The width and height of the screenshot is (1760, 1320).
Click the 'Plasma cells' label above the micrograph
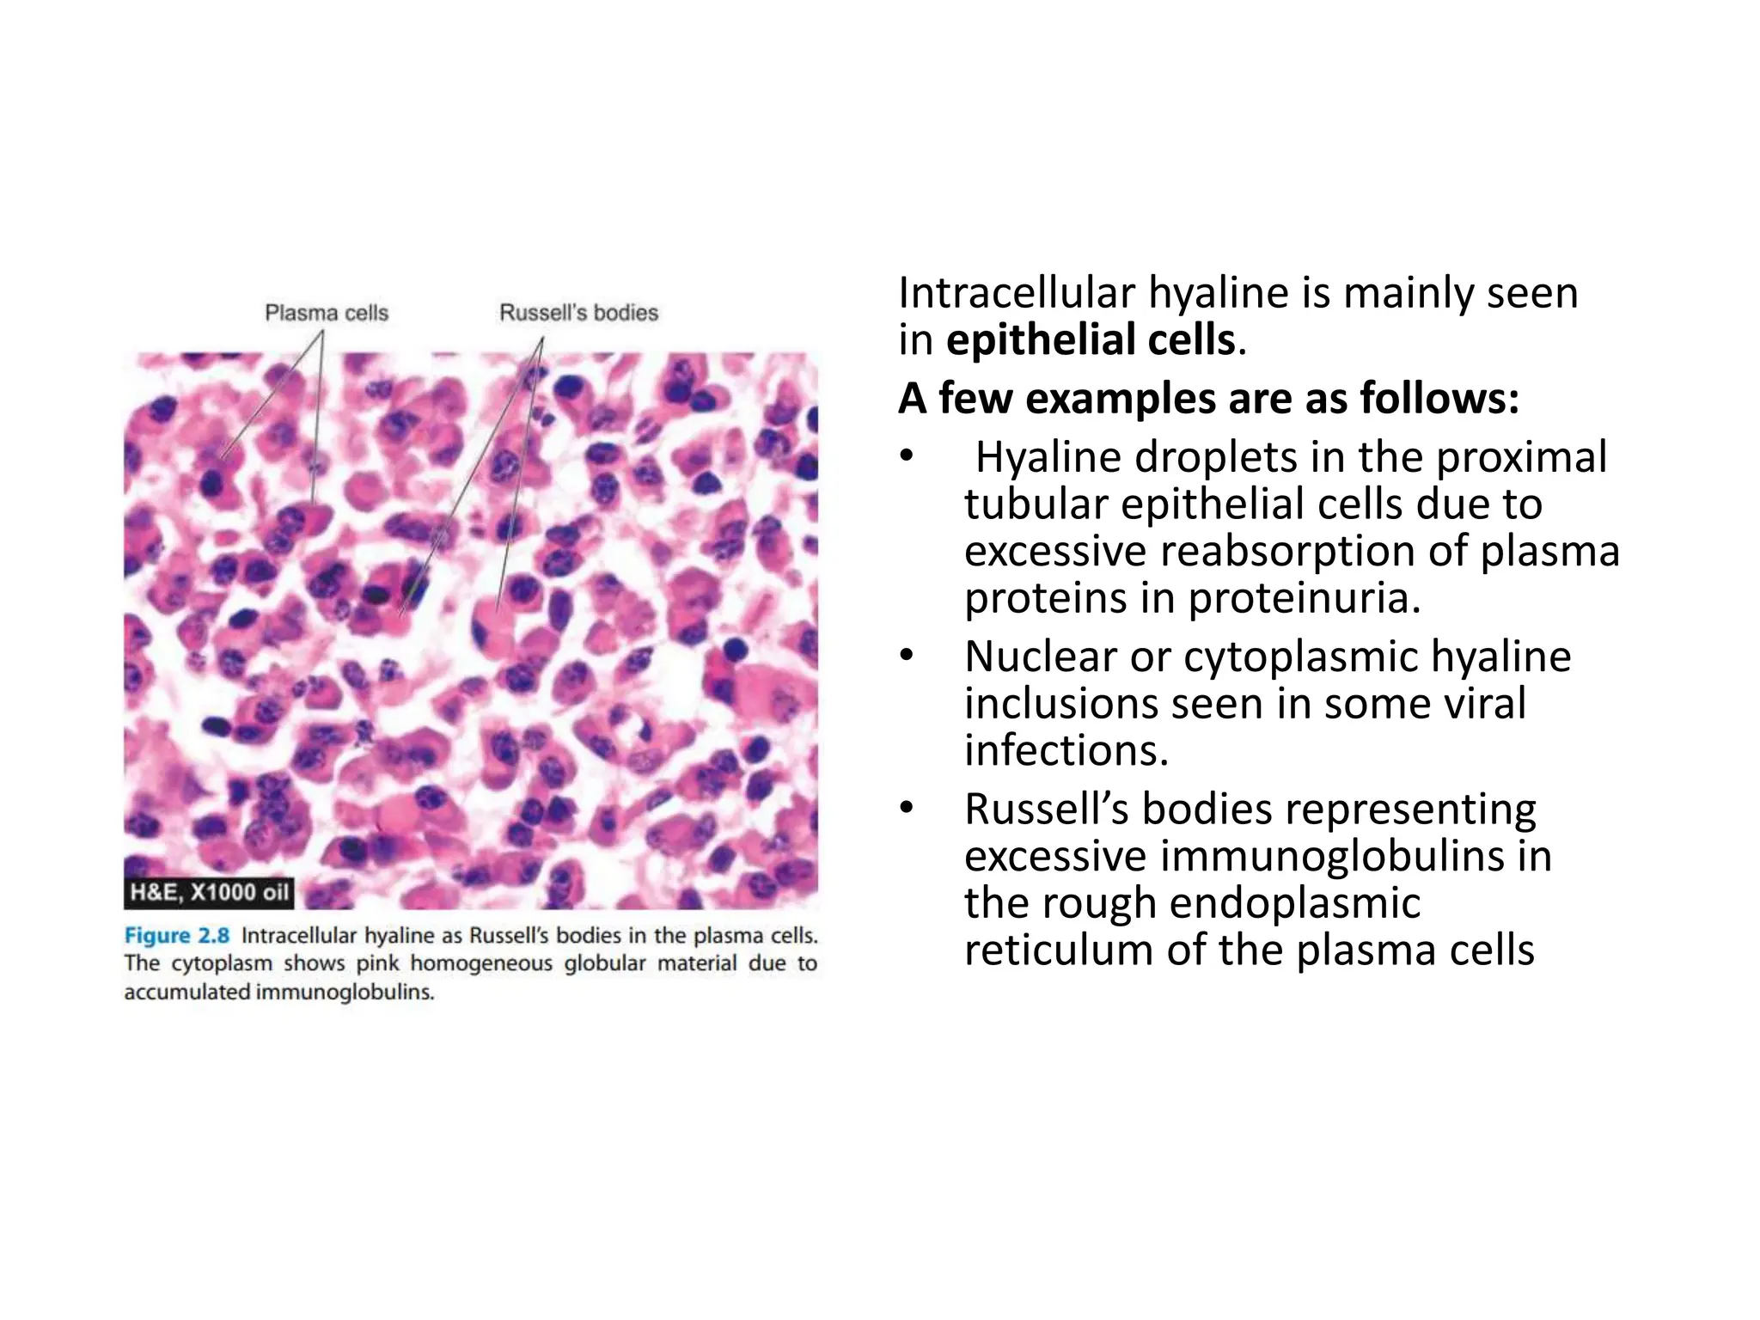coord(326,313)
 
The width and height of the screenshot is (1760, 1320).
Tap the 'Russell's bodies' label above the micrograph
coord(578,313)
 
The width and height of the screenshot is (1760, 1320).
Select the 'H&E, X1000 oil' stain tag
coord(209,892)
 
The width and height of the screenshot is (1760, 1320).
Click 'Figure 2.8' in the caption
coord(176,935)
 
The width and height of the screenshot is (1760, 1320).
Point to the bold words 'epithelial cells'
coord(1091,339)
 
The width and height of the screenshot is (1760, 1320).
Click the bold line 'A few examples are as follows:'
coord(1208,398)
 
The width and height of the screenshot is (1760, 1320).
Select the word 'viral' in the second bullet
coord(1475,703)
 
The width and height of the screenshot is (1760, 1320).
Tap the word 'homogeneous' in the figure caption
coord(481,963)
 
